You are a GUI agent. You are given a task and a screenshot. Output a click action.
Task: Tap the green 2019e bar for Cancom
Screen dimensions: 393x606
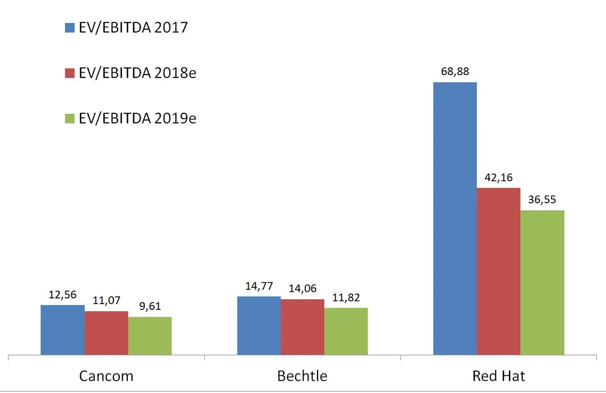150,336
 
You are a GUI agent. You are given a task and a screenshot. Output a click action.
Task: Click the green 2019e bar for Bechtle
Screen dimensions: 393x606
346,331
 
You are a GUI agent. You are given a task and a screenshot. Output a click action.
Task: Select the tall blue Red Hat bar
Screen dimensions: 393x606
455,218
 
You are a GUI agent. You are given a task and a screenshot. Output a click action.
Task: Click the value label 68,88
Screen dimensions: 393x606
455,71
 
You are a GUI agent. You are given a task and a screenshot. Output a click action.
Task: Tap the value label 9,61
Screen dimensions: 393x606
150,306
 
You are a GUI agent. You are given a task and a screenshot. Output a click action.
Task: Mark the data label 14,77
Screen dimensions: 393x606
259,286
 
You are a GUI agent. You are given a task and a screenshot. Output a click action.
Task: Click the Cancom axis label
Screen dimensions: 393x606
106,376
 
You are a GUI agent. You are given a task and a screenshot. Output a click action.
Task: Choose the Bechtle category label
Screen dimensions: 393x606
302,376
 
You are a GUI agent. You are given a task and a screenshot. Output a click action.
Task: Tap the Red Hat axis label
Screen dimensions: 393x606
499,376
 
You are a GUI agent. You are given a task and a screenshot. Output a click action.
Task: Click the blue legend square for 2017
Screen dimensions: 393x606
69,28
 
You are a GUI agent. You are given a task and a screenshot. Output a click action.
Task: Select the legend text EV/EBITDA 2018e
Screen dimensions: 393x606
138,73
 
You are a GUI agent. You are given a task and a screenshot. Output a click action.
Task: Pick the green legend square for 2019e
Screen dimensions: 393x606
69,119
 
